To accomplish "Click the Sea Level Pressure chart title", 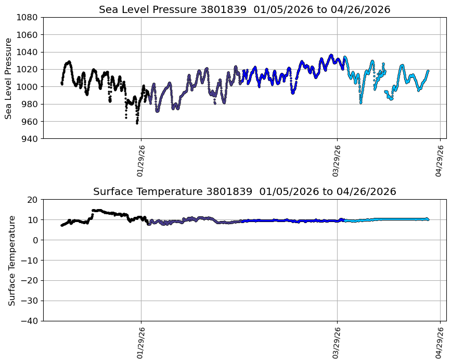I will click(244, 9).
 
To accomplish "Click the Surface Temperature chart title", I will click(244, 191).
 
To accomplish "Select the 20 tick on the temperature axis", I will click(33, 200).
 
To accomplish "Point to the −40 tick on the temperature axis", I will click(30, 321).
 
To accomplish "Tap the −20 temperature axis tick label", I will click(30, 281).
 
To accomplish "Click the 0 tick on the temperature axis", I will click(35, 240).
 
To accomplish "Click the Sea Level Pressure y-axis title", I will click(9, 78).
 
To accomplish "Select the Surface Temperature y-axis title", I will click(11, 260).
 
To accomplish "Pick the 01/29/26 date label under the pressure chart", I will click(140, 161).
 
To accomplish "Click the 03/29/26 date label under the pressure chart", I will click(337, 161).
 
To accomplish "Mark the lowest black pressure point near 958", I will click(137, 123).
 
